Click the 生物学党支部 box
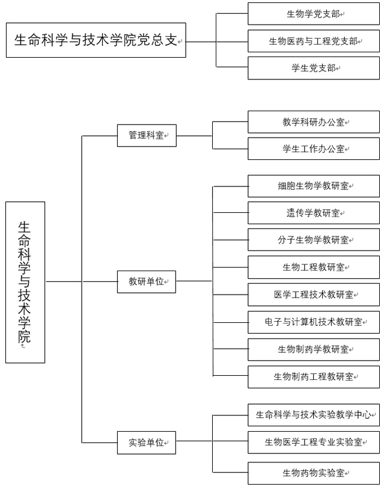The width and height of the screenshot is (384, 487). click(314, 14)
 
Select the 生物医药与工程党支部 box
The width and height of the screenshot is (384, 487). click(314, 41)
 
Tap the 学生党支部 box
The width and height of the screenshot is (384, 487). click(314, 68)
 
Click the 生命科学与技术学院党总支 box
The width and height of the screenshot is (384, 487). click(96, 40)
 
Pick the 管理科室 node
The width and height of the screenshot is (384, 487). click(147, 135)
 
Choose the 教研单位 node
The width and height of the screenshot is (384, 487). click(147, 282)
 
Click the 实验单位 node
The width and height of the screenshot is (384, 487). click(147, 443)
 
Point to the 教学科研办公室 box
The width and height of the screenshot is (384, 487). click(314, 121)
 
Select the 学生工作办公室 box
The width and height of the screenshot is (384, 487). click(314, 149)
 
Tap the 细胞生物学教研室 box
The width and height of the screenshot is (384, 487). click(314, 186)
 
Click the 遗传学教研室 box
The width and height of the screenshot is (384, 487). click(314, 213)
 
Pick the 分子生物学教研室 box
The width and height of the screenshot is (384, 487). click(314, 240)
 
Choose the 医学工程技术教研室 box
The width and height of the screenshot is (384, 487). click(314, 295)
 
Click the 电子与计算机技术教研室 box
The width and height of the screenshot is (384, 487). click(314, 322)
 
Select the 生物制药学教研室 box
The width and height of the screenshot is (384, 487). click(314, 349)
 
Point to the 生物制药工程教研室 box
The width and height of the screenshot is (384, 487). click(314, 377)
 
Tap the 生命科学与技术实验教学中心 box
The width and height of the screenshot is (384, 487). click(314, 415)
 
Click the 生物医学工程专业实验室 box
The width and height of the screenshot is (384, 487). click(314, 443)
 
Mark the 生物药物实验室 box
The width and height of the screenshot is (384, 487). click(314, 473)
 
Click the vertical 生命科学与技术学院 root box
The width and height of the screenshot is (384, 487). click(25, 283)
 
